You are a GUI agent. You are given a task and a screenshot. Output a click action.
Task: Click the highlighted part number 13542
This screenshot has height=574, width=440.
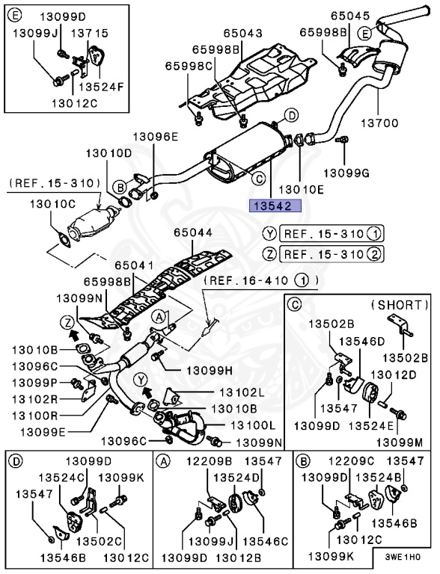[x=275, y=206]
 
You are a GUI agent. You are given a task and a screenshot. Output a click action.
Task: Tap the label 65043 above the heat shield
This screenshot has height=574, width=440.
[x=242, y=34]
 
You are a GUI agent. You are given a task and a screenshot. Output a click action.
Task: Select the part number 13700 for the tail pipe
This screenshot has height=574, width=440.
[x=379, y=123]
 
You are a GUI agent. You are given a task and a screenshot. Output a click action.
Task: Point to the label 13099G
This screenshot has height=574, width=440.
[x=347, y=172]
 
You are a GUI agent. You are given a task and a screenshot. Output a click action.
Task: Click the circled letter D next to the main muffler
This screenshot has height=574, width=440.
[x=291, y=116]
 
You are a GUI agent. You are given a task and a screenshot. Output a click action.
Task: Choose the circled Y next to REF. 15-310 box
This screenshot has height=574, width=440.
[x=269, y=233]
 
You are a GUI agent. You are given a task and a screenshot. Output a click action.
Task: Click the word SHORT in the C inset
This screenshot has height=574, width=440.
[x=400, y=305]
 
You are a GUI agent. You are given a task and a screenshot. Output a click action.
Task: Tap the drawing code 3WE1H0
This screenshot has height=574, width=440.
[x=403, y=557]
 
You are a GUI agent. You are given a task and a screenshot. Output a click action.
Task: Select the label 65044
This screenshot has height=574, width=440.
[x=193, y=232]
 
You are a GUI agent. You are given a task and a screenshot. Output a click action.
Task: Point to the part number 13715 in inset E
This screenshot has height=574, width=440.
[x=89, y=34]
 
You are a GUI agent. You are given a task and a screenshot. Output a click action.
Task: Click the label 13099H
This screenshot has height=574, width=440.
[x=210, y=371]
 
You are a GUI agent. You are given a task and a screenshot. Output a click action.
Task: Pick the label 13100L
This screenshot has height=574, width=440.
[x=253, y=425]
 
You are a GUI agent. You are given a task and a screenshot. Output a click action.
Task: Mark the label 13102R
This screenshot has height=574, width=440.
[x=35, y=398]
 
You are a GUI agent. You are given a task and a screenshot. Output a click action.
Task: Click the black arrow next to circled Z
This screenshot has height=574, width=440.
[x=74, y=334]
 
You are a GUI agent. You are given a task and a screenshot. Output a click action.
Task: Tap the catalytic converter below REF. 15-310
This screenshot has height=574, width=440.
[x=95, y=222]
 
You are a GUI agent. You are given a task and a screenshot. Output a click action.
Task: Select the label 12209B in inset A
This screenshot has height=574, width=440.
[x=209, y=461]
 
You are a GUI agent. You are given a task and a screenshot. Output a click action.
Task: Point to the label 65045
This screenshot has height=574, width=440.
[x=350, y=16]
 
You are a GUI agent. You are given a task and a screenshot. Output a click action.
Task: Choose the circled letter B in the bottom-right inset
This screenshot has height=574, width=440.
[x=303, y=461]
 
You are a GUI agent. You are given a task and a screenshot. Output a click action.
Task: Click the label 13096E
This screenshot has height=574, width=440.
[x=155, y=137]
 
